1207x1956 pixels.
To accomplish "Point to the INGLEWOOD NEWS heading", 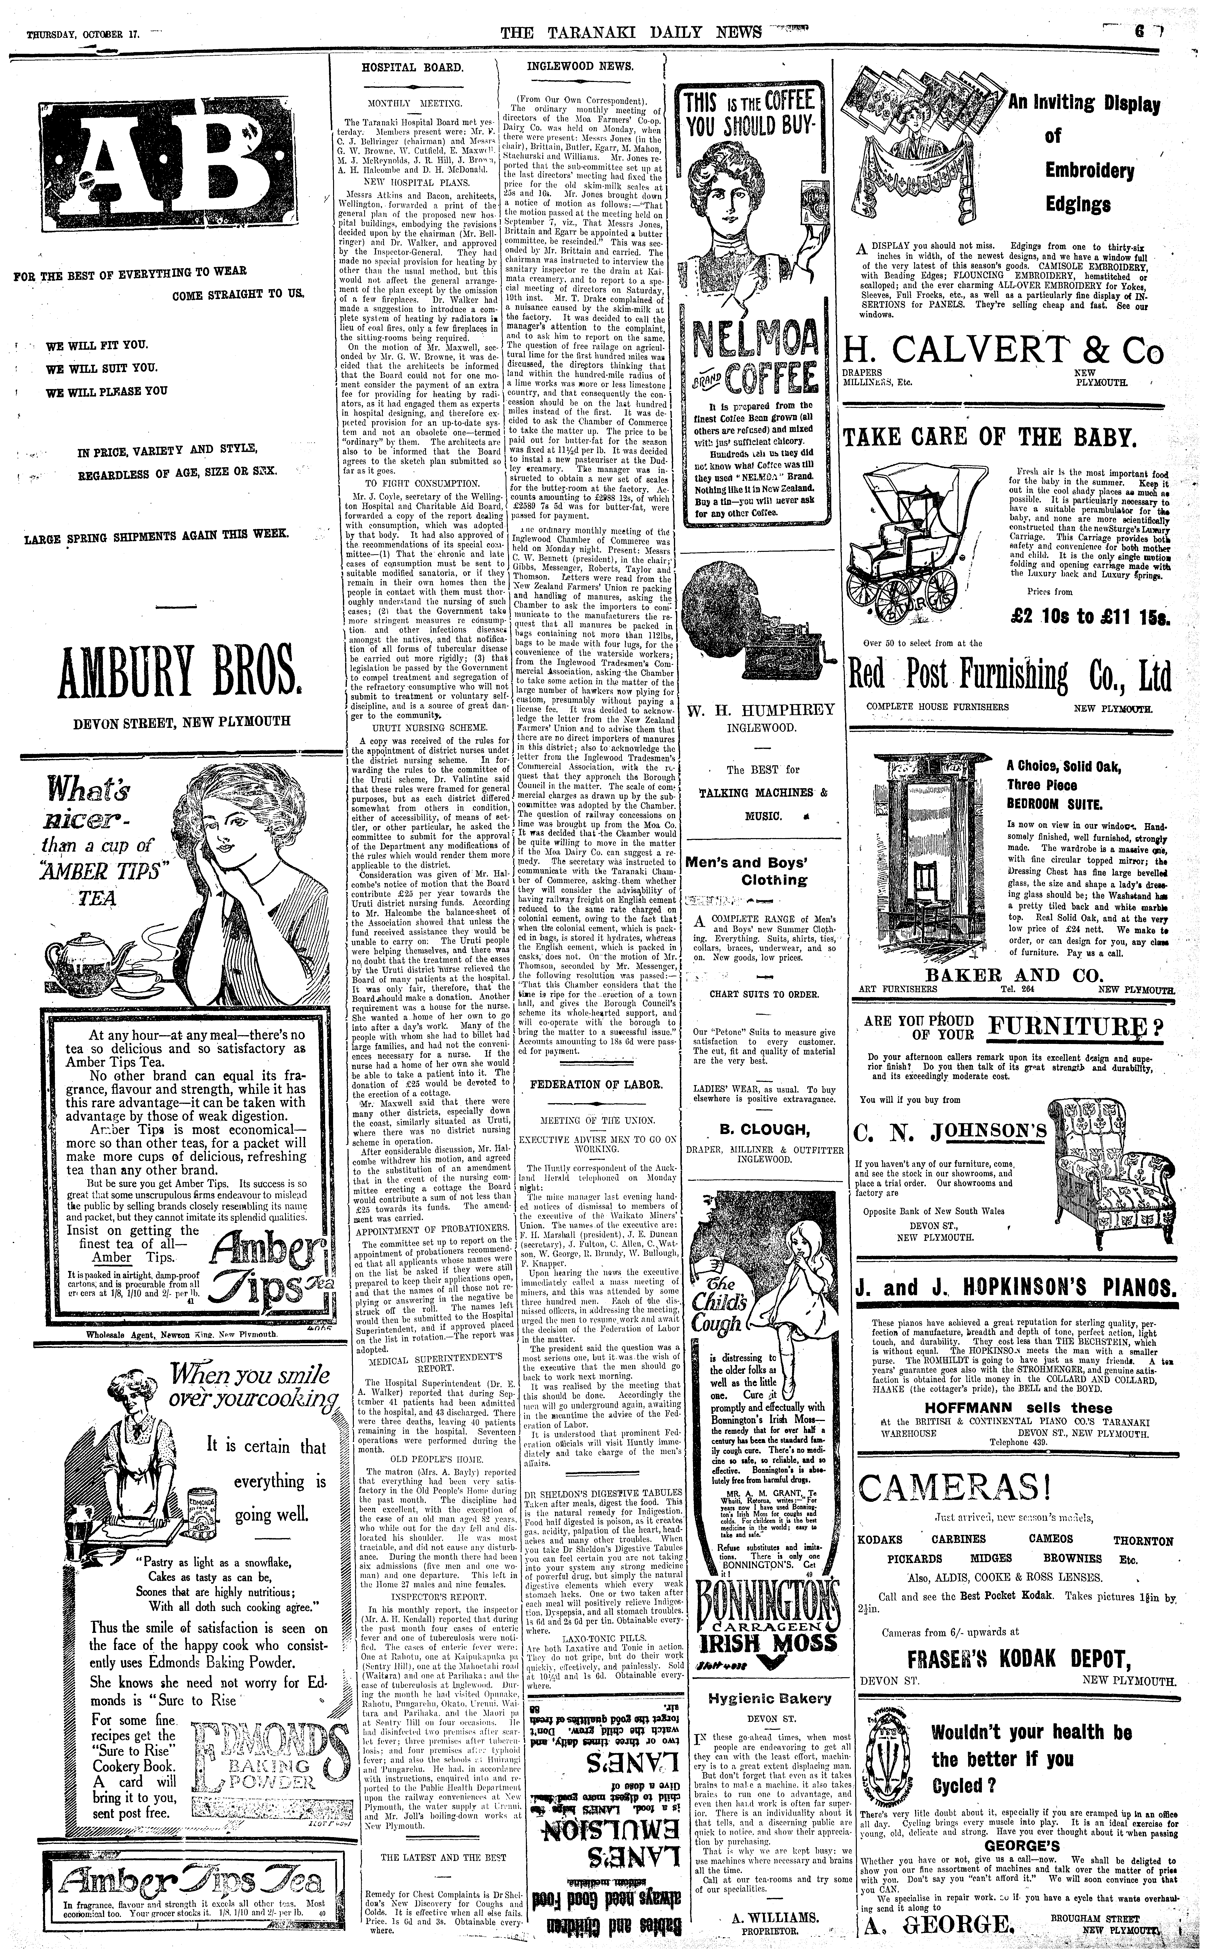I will click(580, 66).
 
